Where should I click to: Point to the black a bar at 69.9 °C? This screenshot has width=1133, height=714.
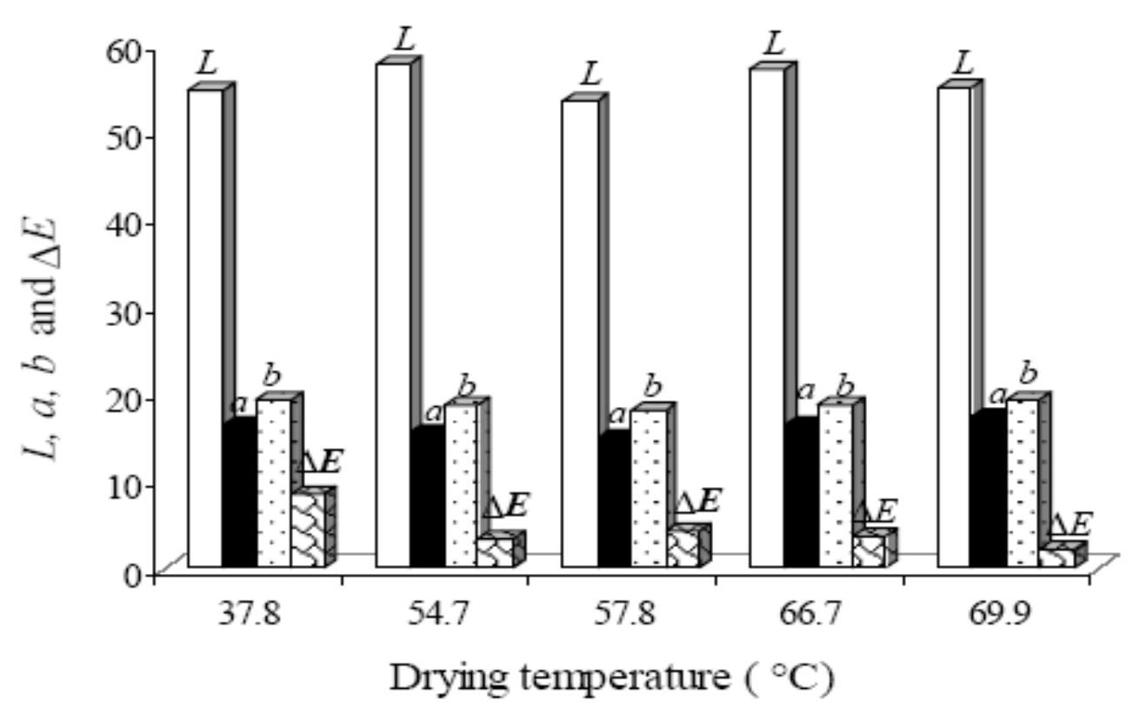click(990, 491)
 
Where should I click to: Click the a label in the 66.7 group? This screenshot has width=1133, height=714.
click(805, 390)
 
